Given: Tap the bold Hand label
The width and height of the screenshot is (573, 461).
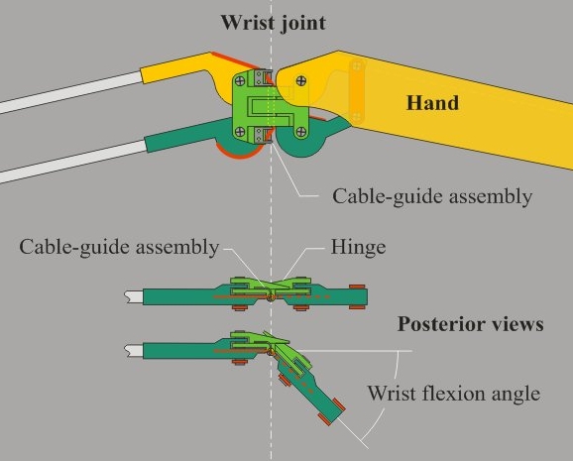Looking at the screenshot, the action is [x=432, y=103].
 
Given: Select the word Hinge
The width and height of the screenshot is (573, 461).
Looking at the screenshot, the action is [x=358, y=248].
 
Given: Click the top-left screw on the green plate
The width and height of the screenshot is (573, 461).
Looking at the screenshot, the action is [x=240, y=80].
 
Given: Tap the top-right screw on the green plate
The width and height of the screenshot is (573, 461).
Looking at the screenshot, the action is [x=301, y=80].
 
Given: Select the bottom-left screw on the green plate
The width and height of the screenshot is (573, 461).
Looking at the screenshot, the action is [x=240, y=132].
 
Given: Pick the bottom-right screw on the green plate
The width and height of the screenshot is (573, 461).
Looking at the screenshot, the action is [x=301, y=132].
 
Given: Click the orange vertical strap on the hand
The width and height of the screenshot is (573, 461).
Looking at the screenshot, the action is [x=357, y=91].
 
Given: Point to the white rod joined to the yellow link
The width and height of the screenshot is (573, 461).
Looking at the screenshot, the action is [x=70, y=92].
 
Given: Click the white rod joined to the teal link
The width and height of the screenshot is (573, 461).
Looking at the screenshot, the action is [x=73, y=161].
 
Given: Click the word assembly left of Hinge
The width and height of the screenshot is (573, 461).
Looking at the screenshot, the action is [x=177, y=248].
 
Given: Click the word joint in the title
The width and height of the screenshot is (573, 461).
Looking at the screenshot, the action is [x=303, y=24].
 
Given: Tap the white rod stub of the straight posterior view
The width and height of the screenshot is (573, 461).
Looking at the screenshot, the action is [x=134, y=296].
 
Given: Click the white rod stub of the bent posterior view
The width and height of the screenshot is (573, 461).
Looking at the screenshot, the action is [x=134, y=351].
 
